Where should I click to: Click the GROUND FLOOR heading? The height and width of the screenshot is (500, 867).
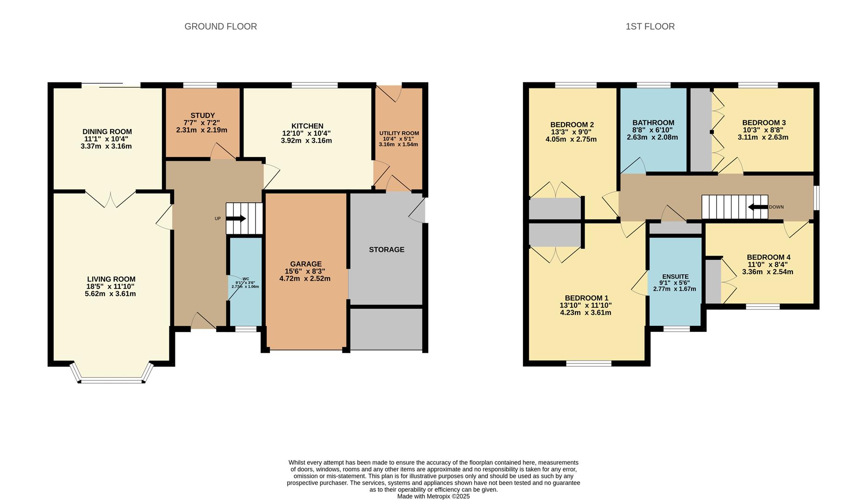tap(220, 26)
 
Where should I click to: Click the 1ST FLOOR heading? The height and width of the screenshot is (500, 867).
tap(650, 26)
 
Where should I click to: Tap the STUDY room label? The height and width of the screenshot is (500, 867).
tap(203, 115)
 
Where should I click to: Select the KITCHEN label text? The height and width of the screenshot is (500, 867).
tap(307, 126)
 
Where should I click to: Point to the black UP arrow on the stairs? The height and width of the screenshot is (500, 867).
tap(236, 219)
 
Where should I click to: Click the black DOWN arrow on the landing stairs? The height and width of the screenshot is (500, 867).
tap(758, 207)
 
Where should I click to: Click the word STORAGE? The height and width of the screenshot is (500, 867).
tap(387, 250)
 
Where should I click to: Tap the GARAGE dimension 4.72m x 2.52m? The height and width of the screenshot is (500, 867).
tap(305, 279)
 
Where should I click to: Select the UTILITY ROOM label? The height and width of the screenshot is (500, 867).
tap(399, 133)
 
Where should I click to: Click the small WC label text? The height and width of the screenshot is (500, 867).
tap(246, 279)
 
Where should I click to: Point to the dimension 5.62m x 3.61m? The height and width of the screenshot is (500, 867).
tap(110, 294)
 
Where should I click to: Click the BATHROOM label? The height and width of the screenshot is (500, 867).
tap(653, 123)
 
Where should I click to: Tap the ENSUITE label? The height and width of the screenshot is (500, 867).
tap(675, 276)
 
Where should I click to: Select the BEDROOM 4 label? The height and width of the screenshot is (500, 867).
tap(768, 257)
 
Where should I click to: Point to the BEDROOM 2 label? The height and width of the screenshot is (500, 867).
tap(572, 125)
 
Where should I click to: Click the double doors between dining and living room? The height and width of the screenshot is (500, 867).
tap(111, 199)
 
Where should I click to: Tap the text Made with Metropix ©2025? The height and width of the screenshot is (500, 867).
tap(433, 496)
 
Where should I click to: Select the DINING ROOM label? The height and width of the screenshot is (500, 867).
tap(107, 131)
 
